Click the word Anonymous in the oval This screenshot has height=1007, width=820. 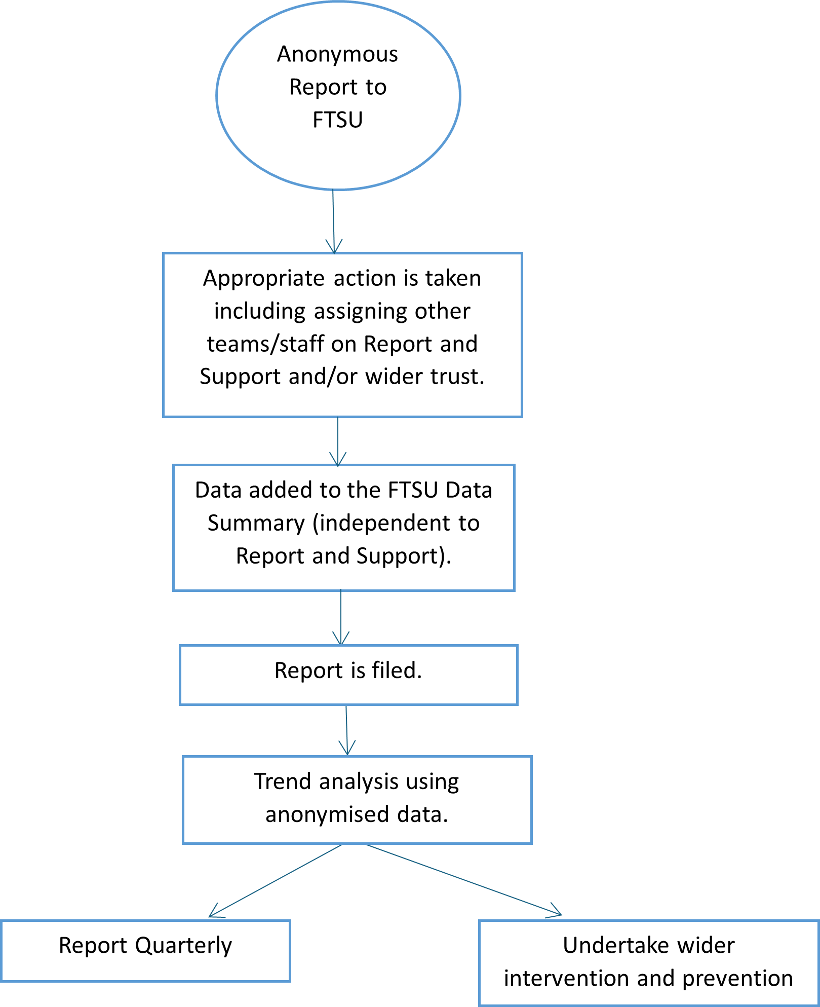[337, 54]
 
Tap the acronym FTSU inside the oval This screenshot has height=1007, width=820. [337, 120]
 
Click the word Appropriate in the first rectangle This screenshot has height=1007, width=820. [263, 279]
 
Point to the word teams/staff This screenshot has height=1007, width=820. [265, 344]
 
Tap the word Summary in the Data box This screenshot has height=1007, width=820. [256, 524]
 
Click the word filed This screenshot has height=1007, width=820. [397, 670]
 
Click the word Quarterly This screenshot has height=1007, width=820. [183, 946]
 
